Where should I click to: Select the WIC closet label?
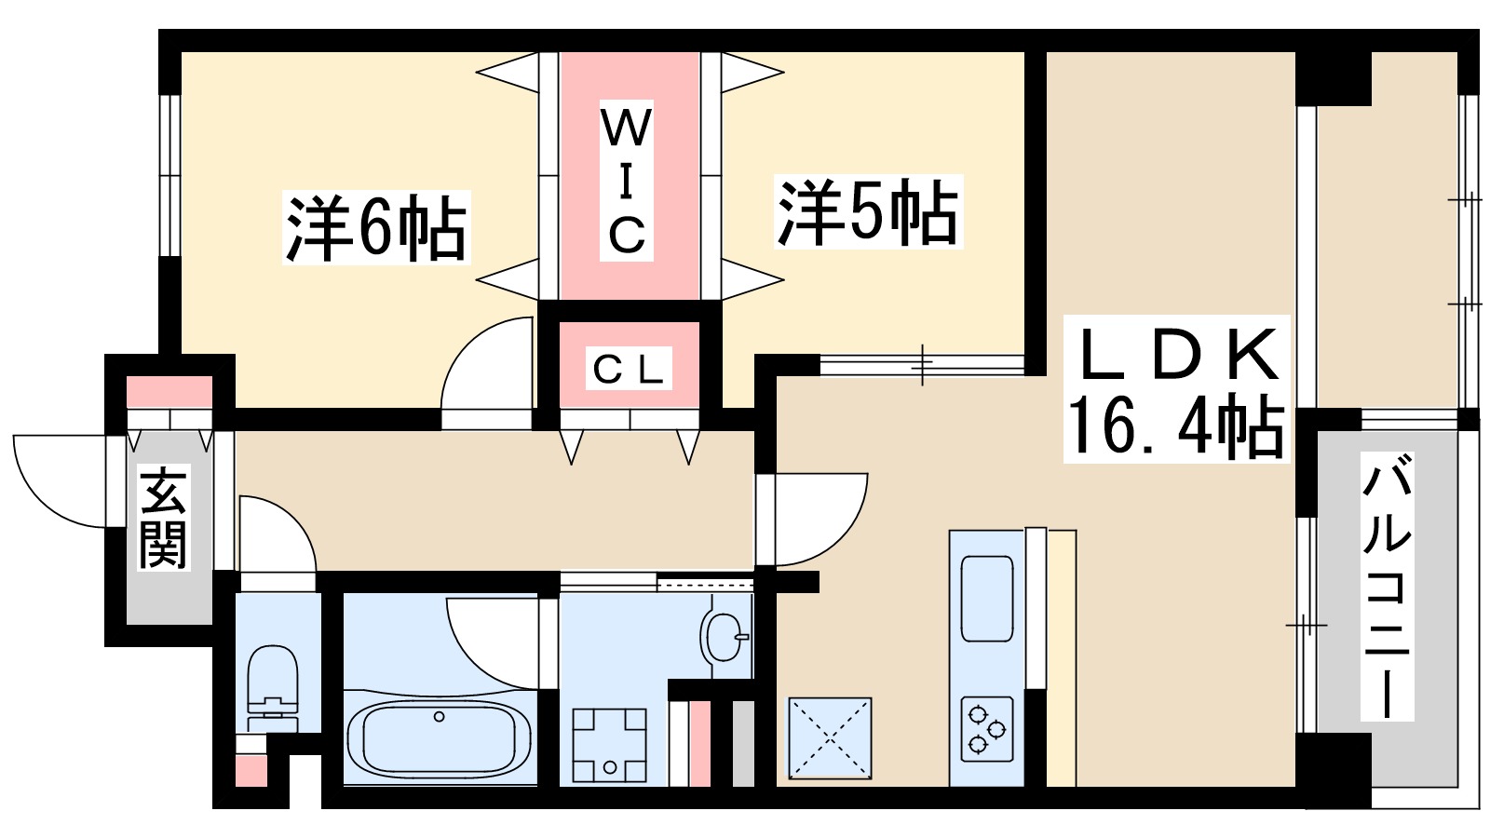click(627, 182)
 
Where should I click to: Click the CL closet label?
click(629, 370)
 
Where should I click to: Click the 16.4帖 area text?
click(1175, 426)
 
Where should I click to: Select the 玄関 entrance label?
click(163, 518)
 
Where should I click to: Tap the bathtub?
click(438, 737)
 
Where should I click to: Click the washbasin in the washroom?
click(725, 638)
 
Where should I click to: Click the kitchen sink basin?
click(987, 598)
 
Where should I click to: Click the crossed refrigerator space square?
click(830, 737)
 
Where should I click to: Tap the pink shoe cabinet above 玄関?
click(169, 391)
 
